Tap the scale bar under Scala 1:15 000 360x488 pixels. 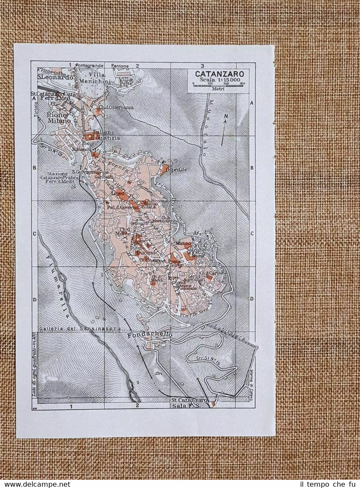pos(219,85)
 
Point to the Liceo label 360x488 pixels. pos(117,194)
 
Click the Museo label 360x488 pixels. pos(180,244)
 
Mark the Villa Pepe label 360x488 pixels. pos(127,81)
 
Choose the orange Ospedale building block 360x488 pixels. pos(164,169)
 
